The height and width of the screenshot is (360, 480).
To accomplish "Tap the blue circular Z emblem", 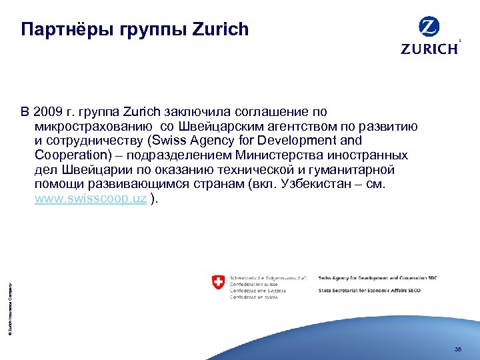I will (x=429, y=27).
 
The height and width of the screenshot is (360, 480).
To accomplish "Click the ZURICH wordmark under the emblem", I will (x=429, y=48).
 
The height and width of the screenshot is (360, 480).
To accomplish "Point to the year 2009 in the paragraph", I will (x=48, y=111).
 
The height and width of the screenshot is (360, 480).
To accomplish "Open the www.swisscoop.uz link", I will (x=91, y=199).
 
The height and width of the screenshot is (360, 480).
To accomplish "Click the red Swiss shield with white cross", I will (x=217, y=281).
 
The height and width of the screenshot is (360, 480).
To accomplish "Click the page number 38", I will (x=457, y=349).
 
